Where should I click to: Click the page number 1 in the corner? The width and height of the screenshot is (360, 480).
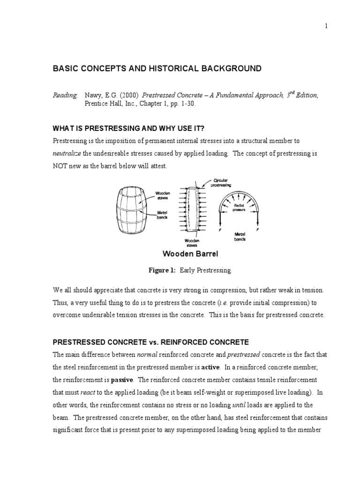326,26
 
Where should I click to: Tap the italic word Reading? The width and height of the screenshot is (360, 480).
65,95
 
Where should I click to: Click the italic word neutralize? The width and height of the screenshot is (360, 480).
67,153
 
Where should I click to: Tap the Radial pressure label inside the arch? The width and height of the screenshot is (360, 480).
240,208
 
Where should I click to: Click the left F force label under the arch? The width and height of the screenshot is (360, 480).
219,231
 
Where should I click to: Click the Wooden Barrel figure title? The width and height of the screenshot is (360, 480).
184,255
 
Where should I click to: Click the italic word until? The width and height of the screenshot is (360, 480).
240,405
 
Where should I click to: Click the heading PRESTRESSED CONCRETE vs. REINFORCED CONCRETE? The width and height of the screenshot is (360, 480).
150,342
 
